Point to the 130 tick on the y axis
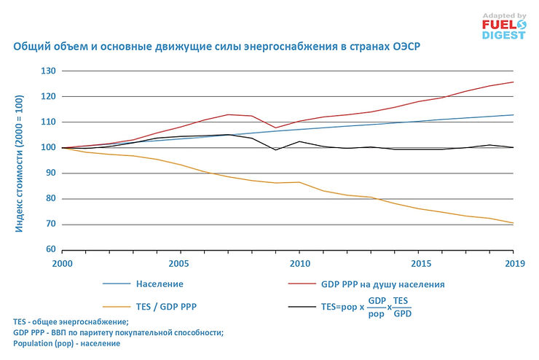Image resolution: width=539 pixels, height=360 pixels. (50, 71)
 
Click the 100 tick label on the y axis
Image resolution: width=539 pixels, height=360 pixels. (50, 148)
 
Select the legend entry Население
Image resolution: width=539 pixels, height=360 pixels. (159, 283)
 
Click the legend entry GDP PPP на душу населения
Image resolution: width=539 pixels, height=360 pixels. (382, 283)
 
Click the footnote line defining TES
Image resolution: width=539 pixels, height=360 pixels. (71, 321)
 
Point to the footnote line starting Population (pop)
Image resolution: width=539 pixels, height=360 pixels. (66, 343)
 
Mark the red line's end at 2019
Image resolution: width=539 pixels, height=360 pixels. (513, 82)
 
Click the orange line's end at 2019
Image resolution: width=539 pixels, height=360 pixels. (513, 223)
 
